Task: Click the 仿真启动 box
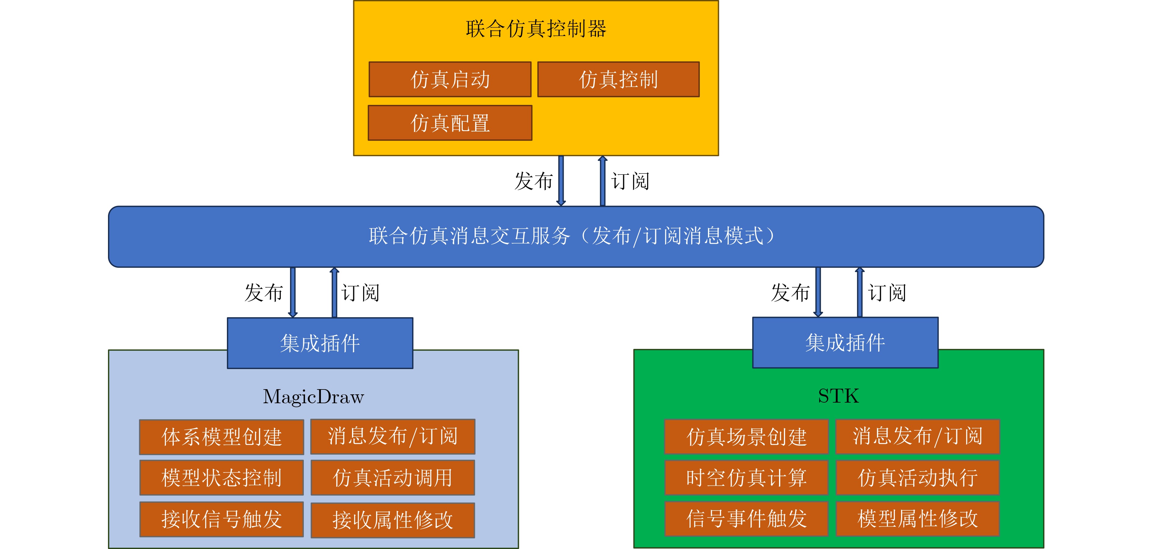(x=450, y=80)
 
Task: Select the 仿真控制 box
(x=618, y=80)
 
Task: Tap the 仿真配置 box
(x=450, y=123)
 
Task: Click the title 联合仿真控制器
(x=536, y=29)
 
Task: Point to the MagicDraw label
(x=313, y=397)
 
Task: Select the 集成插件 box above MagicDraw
(x=320, y=343)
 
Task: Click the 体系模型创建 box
(x=221, y=437)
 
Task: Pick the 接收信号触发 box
(x=221, y=519)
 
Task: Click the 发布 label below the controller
(x=533, y=181)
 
